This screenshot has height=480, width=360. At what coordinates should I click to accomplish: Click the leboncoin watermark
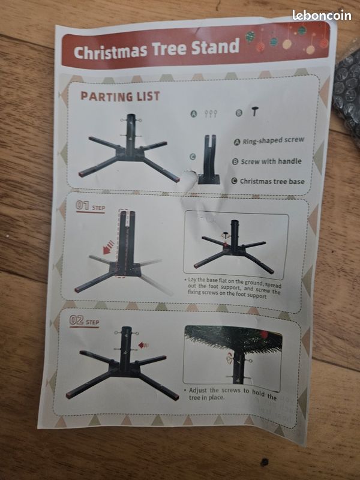pyautogui.click(x=322, y=15)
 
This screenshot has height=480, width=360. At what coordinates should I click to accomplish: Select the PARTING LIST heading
pyautogui.click(x=120, y=96)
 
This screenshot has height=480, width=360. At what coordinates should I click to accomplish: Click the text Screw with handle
pyautogui.click(x=271, y=161)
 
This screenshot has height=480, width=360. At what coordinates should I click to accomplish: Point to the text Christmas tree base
pyautogui.click(x=272, y=181)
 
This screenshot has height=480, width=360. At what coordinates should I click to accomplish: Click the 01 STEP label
pyautogui.click(x=91, y=206)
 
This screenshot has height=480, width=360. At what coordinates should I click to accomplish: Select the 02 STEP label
pyautogui.click(x=84, y=320)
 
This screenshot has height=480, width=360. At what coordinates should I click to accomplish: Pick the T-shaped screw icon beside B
pyautogui.click(x=256, y=112)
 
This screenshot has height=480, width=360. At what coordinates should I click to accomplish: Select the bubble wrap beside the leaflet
pyautogui.click(x=347, y=90)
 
